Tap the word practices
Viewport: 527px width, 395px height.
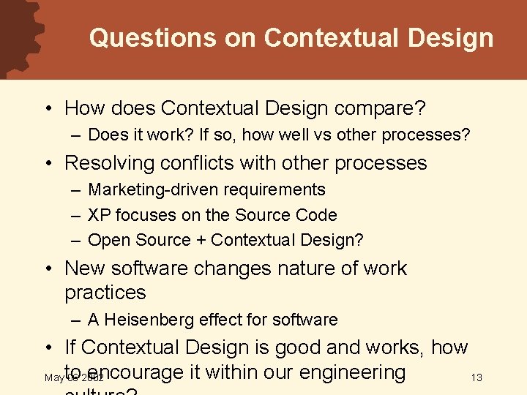click(105, 293)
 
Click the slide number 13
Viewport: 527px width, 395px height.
click(476, 377)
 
